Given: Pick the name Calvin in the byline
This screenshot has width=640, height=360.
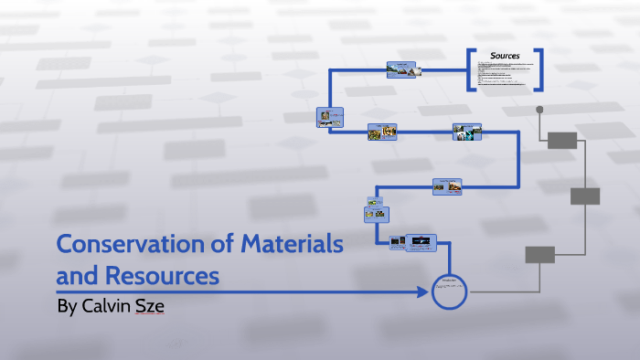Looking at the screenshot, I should [107, 306].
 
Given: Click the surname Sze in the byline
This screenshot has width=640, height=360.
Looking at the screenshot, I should [151, 306].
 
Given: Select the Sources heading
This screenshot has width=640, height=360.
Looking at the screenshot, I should [505, 57].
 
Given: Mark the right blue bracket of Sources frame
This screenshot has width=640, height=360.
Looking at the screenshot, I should [540, 69].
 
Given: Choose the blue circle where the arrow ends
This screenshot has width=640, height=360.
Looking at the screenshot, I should [449, 291].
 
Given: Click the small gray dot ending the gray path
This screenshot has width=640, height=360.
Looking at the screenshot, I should [539, 110].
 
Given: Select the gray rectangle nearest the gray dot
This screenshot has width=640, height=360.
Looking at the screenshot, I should [562, 140].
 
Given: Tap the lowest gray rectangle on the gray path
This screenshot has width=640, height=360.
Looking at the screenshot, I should [539, 255].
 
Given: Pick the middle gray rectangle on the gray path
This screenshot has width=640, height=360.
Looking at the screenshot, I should [585, 196].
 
